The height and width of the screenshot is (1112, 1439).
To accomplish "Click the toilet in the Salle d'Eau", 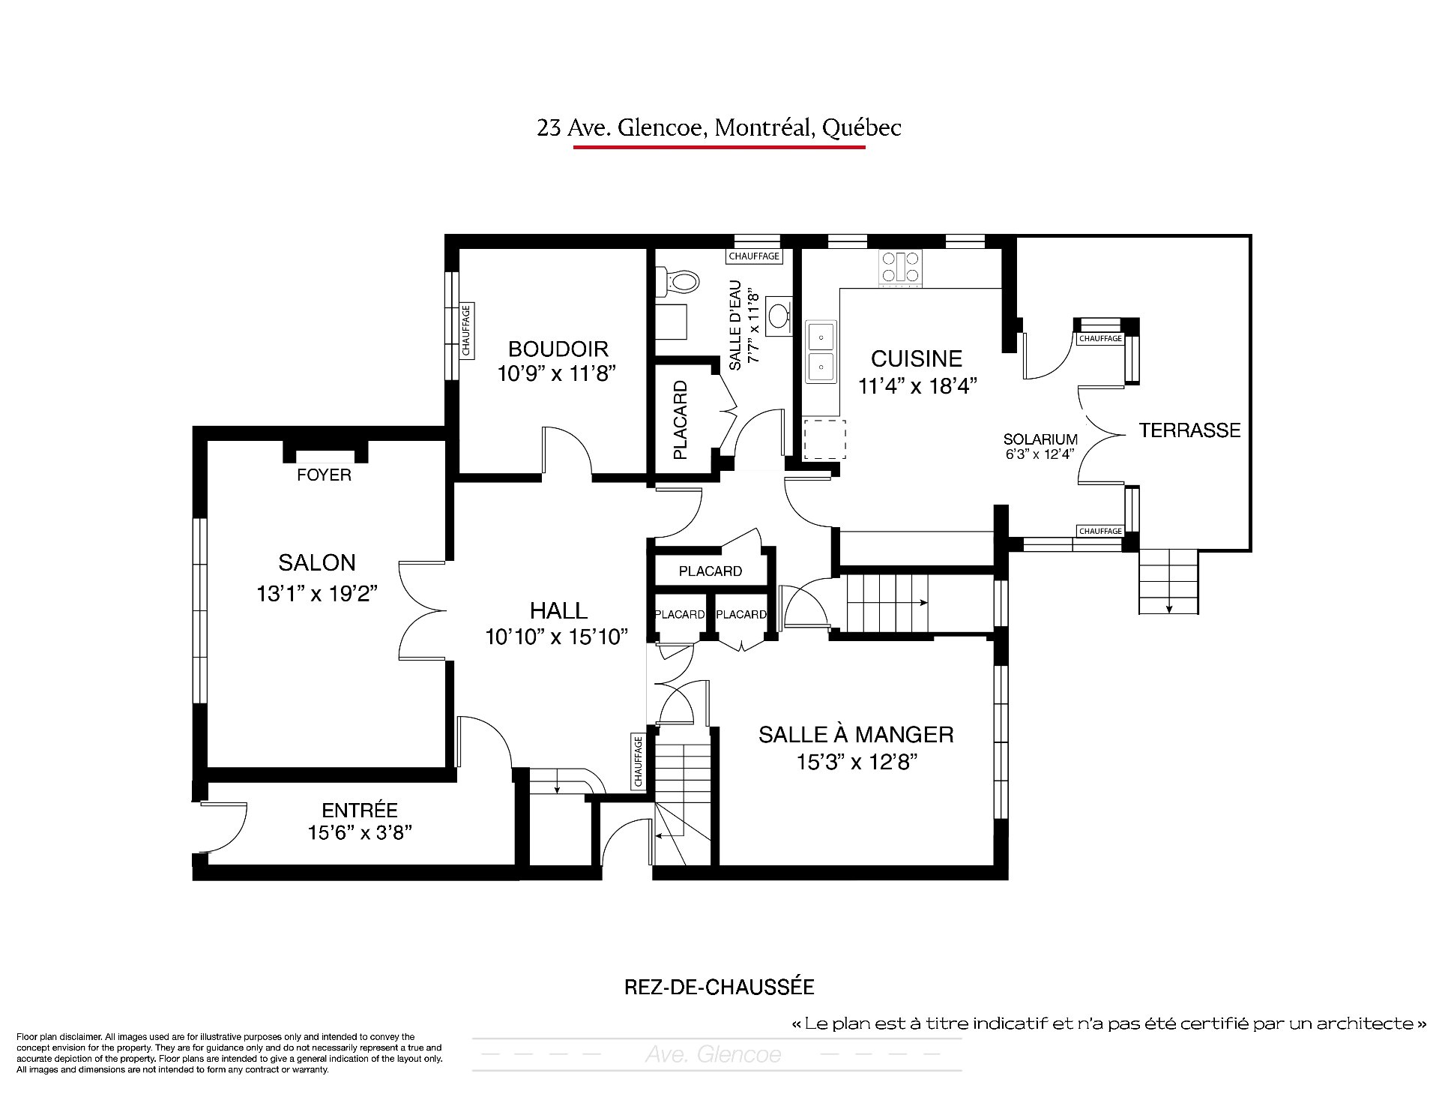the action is point(678,281).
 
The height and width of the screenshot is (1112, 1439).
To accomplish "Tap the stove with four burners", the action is point(901,267).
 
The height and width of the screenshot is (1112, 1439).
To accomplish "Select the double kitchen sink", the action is point(821,352).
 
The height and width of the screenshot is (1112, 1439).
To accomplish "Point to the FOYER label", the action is point(324,475).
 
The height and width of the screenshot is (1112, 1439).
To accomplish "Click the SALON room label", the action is point(317,562).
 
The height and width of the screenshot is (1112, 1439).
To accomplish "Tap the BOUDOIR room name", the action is point(558,349).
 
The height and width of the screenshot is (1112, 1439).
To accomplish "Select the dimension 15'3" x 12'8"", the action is point(857,763).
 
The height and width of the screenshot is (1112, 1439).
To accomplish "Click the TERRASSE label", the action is point(1190,430).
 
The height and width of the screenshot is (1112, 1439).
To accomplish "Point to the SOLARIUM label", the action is point(1041,439).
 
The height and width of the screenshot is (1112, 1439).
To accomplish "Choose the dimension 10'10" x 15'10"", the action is point(556,637).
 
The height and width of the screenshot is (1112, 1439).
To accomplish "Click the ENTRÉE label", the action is point(360,810).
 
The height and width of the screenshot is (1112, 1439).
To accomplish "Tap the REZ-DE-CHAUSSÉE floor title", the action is point(719,987).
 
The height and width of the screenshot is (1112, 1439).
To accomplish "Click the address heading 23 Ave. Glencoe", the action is point(719,128).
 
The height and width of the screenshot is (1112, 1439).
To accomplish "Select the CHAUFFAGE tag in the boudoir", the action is point(466,330).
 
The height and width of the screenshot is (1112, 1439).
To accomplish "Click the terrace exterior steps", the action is point(1168,582).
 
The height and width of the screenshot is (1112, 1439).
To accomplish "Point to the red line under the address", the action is point(719,147).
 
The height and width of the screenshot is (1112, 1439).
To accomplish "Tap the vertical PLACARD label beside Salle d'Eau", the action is point(680,420).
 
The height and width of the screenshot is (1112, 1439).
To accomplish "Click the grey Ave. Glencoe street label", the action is point(713,1055).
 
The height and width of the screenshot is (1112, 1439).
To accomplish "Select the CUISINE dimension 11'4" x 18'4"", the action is point(917,386).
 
